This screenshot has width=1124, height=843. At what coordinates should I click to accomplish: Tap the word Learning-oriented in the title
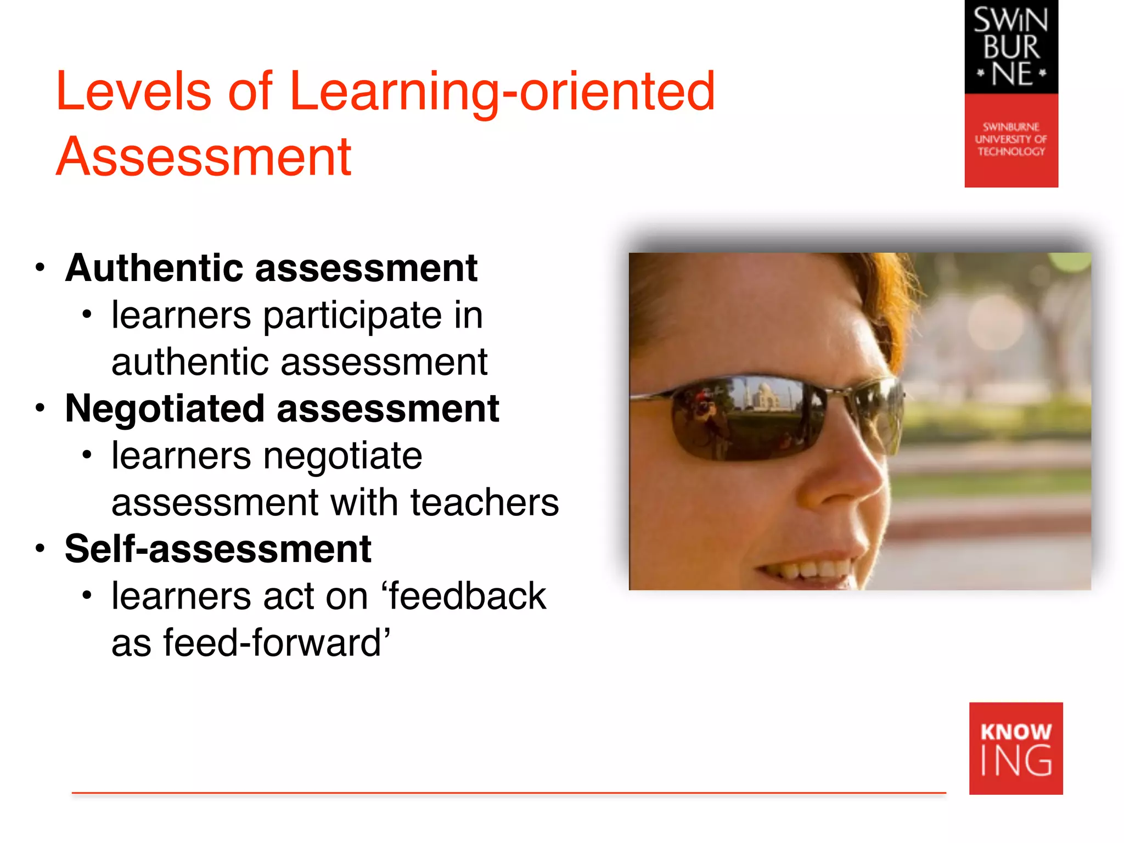point(502,92)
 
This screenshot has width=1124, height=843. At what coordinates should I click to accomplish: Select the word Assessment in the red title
point(204,157)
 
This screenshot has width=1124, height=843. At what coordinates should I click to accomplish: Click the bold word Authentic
point(154,268)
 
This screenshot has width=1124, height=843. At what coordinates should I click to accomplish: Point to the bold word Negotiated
point(165,409)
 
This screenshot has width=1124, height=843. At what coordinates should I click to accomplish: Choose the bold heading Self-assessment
point(218,549)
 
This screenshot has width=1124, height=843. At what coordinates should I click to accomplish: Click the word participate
point(352,316)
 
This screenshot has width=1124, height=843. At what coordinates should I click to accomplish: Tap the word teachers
point(484,503)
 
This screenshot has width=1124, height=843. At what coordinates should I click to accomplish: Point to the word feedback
point(467,596)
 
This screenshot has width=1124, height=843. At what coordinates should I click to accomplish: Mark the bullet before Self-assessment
point(40,549)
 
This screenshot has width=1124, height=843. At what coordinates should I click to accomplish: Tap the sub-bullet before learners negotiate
point(86,455)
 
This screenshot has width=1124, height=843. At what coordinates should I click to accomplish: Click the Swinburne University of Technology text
point(1011,139)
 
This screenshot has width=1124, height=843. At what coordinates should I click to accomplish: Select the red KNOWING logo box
point(1016,748)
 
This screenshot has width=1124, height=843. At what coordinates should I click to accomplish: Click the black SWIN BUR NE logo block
point(1011,47)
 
